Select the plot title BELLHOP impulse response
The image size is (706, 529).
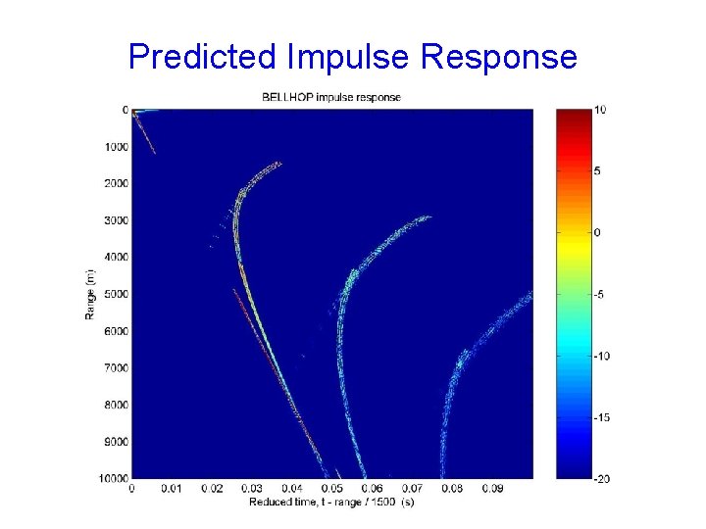[x=330, y=97]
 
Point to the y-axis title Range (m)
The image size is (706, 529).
[x=89, y=293]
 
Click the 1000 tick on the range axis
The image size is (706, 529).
[x=116, y=147]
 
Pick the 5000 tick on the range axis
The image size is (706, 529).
[x=116, y=294]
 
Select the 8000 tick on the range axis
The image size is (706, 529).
[x=116, y=405]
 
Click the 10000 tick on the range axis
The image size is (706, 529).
[x=114, y=478]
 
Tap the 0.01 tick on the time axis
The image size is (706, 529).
[x=172, y=488]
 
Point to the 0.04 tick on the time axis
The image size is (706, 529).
[x=291, y=488]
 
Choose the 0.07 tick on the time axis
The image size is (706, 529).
[x=412, y=488]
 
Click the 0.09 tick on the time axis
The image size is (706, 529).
[x=492, y=488]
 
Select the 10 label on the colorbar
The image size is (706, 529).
[x=600, y=110]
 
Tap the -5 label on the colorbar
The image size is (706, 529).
[x=601, y=294]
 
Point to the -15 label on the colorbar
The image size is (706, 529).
[x=602, y=417]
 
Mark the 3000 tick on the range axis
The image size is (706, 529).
[x=116, y=220]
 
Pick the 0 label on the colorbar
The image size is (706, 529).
[x=597, y=232]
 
